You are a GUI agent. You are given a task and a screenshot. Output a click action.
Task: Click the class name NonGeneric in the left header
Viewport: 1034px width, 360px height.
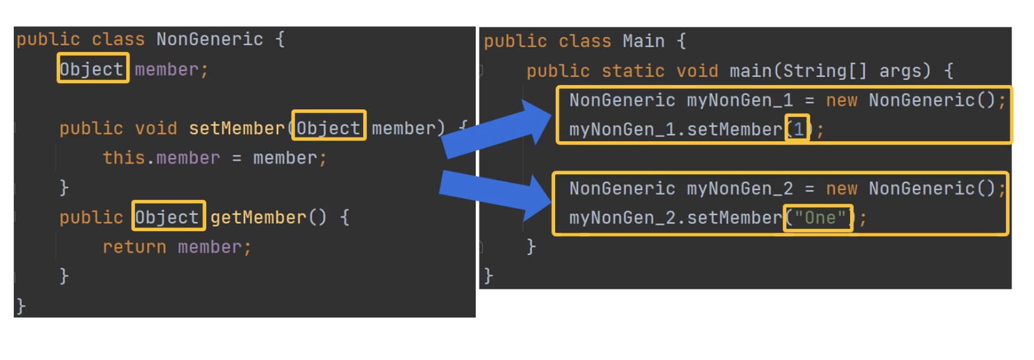tap(209, 39)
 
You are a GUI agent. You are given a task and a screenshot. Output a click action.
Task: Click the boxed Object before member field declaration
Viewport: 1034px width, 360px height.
tap(93, 69)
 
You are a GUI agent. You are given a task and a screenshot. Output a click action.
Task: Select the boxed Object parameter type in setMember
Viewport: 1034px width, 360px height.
tap(328, 128)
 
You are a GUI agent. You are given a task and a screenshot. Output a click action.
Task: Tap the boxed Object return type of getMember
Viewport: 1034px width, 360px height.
tap(168, 217)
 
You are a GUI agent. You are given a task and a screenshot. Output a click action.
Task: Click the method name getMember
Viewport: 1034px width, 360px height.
tap(258, 217)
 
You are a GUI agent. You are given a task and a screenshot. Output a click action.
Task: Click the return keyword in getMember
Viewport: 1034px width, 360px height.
tap(134, 247)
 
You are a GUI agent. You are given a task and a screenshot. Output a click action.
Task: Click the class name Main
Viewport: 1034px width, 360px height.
tap(643, 41)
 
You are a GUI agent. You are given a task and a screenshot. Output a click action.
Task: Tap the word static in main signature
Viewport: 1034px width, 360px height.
tap(633, 71)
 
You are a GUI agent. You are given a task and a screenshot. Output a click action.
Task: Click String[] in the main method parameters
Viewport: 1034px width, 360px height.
tap(825, 71)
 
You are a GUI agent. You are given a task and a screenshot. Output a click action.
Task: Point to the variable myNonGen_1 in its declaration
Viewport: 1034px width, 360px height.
tap(740, 100)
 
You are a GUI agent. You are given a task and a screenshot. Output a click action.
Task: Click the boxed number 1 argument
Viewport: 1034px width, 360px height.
tap(798, 129)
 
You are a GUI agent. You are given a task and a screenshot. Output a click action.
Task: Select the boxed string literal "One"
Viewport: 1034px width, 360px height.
tap(819, 218)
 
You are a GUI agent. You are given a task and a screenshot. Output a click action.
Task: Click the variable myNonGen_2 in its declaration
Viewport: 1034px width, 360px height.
tap(740, 189)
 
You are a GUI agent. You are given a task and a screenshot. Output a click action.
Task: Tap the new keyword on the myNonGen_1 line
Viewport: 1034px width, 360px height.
tap(841, 100)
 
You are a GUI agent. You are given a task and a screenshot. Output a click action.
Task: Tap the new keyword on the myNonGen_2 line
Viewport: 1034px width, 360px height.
tap(841, 189)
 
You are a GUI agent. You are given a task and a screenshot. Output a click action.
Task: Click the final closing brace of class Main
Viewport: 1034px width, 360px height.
tap(488, 275)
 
